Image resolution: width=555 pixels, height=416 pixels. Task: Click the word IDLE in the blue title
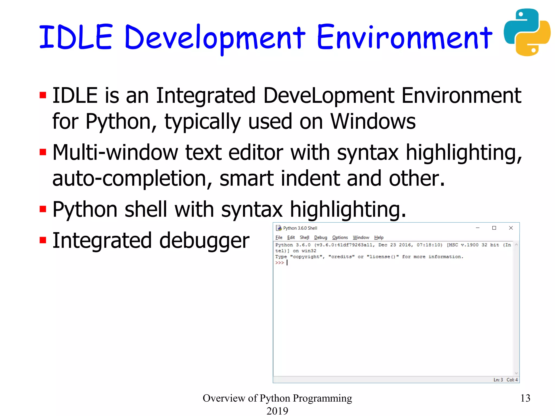pyautogui.click(x=76, y=37)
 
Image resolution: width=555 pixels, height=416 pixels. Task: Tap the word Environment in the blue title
pyautogui.click(x=404, y=38)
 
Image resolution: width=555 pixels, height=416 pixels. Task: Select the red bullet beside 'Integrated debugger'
pyautogui.click(x=43, y=240)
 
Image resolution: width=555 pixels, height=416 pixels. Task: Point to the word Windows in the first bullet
pyautogui.click(x=373, y=121)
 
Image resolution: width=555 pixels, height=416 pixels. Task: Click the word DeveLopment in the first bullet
pyautogui.click(x=329, y=96)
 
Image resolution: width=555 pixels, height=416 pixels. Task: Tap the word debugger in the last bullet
pyautogui.click(x=204, y=240)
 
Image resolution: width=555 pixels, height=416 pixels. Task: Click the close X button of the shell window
pyautogui.click(x=511, y=228)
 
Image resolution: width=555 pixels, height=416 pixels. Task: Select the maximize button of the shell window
pyautogui.click(x=494, y=228)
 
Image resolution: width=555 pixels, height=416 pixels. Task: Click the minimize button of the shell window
pyautogui.click(x=477, y=228)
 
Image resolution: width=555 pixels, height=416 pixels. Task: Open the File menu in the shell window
pyautogui.click(x=279, y=238)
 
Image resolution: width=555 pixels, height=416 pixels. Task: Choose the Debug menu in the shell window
pyautogui.click(x=321, y=238)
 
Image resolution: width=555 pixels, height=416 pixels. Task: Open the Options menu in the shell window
pyautogui.click(x=340, y=238)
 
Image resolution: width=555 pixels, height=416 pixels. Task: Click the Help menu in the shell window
pyautogui.click(x=379, y=238)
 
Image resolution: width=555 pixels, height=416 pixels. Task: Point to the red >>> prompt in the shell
pyautogui.click(x=279, y=263)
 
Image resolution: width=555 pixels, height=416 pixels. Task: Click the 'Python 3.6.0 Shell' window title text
pyautogui.click(x=300, y=228)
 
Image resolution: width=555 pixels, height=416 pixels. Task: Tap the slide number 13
pyautogui.click(x=525, y=398)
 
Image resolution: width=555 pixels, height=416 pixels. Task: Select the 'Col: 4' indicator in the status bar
pyautogui.click(x=512, y=380)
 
